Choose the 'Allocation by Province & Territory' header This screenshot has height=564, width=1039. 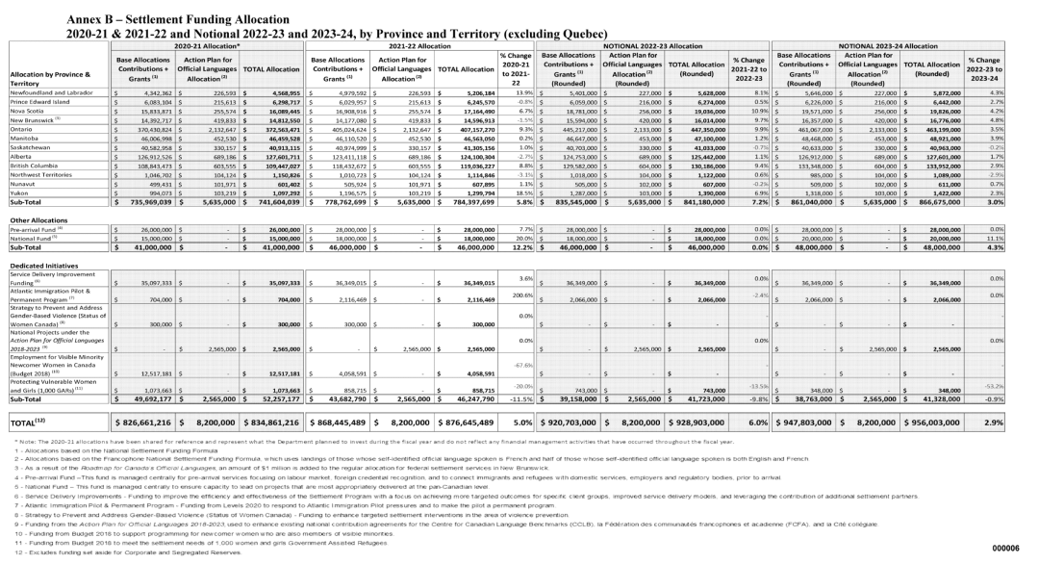click(52, 80)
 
